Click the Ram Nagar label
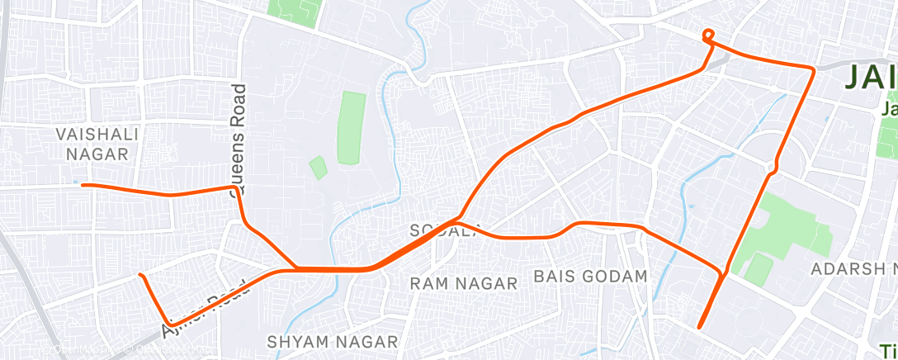[x=464, y=284]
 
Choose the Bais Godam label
[x=591, y=276]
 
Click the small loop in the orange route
[x=708, y=35]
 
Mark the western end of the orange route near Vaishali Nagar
[x=83, y=185]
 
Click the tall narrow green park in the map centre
[x=352, y=127]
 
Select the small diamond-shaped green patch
[x=319, y=168]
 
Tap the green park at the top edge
[x=293, y=12]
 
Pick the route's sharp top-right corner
[x=813, y=70]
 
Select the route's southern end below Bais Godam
[x=699, y=327]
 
